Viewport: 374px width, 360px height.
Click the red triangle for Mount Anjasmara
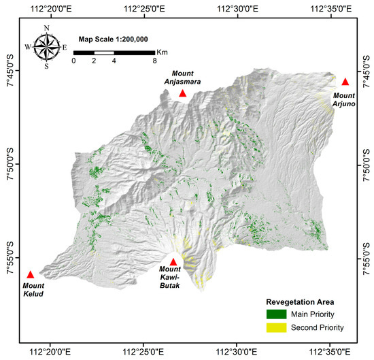click(182, 93)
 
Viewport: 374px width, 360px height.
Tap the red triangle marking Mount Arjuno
click(345, 82)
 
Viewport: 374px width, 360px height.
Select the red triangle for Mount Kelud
click(31, 274)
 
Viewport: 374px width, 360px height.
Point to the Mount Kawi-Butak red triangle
click(173, 262)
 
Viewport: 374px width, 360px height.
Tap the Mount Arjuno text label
click(345, 100)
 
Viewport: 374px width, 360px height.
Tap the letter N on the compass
click(47, 28)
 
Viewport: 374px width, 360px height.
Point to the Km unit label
click(162, 52)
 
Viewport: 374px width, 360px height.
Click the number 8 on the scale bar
click(155, 61)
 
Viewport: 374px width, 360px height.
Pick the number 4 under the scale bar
click(114, 61)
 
